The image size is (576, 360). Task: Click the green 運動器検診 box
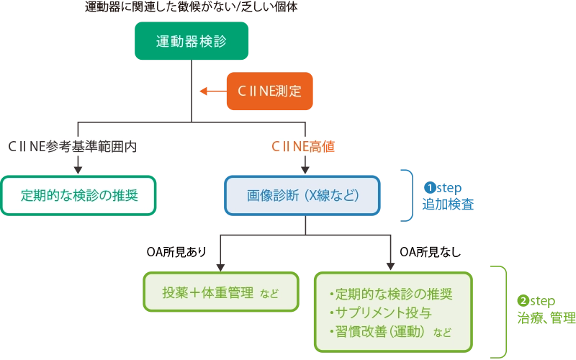coord(191,41)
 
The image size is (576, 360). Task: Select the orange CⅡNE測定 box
coord(269,91)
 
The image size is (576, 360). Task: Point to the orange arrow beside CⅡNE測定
coord(211,91)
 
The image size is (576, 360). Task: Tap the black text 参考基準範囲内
coord(91,147)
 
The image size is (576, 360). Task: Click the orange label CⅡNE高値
coord(302,147)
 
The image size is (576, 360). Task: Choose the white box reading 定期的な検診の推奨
coord(78,195)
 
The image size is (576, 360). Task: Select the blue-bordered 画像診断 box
coord(302,195)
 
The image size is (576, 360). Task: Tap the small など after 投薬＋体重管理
coord(269,294)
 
